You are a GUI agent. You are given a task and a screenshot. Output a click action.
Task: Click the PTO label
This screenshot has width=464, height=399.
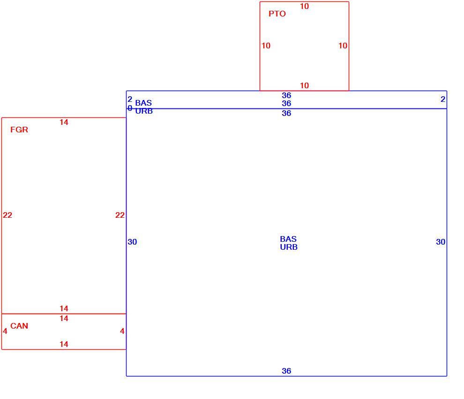[277, 14]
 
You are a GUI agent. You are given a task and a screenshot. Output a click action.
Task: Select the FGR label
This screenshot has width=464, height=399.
[19, 130]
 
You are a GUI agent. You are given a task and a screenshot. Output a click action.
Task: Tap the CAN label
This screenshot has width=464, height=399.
[19, 326]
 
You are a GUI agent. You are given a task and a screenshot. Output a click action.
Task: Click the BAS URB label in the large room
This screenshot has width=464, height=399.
[289, 243]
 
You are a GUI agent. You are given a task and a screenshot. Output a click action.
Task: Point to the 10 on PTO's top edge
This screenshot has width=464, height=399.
[304, 6]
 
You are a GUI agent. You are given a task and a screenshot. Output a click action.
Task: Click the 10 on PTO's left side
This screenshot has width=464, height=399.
[266, 46]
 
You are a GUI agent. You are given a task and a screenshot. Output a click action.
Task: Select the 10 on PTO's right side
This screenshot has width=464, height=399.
[343, 46]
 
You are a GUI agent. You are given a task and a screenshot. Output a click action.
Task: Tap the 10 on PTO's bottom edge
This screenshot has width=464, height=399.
[304, 85]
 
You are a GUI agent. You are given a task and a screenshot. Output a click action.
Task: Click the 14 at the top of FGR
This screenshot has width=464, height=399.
[64, 122]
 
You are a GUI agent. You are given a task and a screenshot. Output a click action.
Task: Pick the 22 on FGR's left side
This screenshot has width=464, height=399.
[7, 215]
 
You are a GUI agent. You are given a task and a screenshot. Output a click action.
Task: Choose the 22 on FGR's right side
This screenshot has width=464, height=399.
[120, 215]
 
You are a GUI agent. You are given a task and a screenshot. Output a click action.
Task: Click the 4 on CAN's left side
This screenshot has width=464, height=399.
[5, 331]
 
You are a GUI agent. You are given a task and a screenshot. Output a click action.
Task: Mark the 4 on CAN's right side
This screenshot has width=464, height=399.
[122, 331]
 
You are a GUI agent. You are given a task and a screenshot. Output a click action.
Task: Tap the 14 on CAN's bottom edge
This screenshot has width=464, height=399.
[64, 344]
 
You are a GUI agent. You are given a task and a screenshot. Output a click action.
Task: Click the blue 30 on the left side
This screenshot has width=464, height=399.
[132, 242]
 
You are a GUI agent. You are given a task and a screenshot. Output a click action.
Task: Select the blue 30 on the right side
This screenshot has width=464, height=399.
[441, 242]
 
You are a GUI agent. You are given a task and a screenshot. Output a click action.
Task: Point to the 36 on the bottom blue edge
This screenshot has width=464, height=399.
[286, 371]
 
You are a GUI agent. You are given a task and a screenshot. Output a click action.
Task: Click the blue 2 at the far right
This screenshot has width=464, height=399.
[443, 99]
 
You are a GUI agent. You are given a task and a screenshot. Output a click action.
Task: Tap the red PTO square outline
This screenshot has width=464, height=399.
[260, 46]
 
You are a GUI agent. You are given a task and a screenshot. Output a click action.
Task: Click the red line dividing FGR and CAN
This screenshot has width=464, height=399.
[64, 314]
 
